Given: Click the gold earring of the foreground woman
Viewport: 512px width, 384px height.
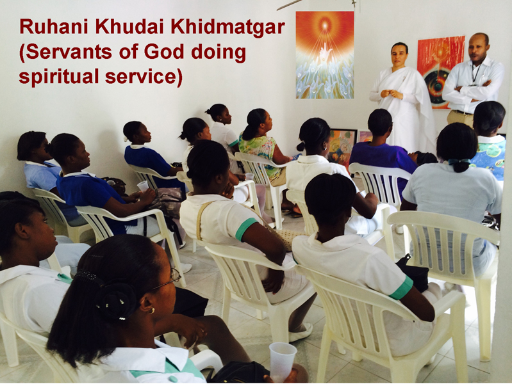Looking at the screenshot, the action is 151,310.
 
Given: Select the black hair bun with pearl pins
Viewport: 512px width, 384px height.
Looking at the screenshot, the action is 115,300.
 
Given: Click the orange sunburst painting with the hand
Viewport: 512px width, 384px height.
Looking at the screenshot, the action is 325,55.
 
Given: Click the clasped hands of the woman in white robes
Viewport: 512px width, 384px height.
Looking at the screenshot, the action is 390,93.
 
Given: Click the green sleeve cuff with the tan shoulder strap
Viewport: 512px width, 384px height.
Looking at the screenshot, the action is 246,228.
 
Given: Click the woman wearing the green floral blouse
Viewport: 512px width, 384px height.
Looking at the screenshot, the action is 261,143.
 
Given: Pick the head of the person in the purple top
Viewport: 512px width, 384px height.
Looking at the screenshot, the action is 380,123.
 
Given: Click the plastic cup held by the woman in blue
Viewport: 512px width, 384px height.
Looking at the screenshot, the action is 143,186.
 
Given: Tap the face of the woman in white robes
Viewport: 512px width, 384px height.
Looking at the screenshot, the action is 400,56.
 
